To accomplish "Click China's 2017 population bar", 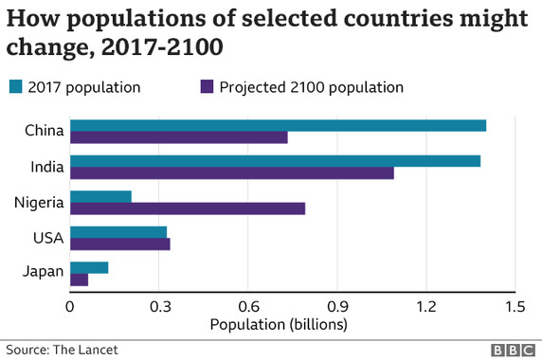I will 278,126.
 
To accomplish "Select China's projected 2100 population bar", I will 179,138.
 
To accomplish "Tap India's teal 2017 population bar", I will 275,161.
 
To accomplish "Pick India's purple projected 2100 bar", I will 232,173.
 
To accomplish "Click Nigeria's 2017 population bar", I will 100,196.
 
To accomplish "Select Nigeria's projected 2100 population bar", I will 188,208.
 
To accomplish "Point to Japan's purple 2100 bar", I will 80,279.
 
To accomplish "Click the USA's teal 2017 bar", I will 118,232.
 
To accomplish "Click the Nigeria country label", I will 39,202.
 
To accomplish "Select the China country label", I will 45,131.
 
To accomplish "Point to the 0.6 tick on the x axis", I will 248,307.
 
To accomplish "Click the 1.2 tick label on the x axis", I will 426,307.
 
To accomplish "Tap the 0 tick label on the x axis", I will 70,307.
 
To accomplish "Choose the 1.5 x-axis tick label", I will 515,307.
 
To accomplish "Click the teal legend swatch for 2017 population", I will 16,88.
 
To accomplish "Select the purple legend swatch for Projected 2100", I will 208,88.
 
